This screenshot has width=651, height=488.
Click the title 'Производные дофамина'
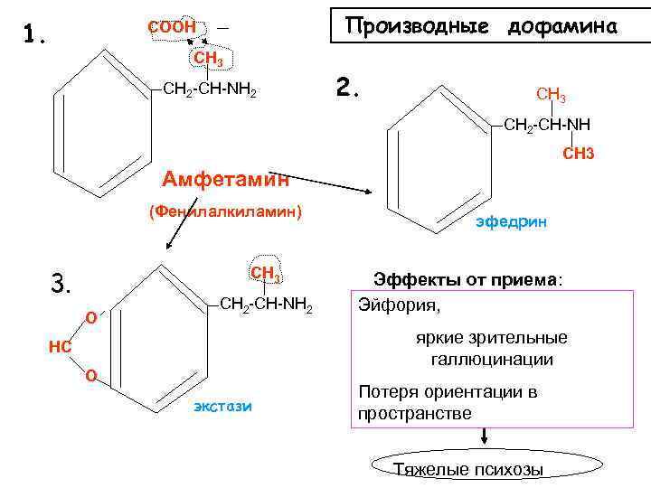(x=481, y=26)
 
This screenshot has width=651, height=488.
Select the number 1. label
(x=35, y=34)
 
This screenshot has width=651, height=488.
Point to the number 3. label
(x=61, y=285)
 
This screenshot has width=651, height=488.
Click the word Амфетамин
(x=225, y=178)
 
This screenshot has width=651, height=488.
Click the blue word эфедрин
(x=511, y=221)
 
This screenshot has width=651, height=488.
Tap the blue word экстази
(x=222, y=407)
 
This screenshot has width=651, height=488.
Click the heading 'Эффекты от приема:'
(x=468, y=278)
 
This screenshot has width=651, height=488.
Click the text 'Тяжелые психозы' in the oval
(x=469, y=469)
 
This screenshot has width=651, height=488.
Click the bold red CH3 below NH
(x=578, y=155)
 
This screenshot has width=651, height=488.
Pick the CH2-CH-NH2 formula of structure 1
(x=209, y=91)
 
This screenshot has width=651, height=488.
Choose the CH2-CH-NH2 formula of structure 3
(x=267, y=305)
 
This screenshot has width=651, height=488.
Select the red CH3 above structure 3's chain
(x=267, y=273)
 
